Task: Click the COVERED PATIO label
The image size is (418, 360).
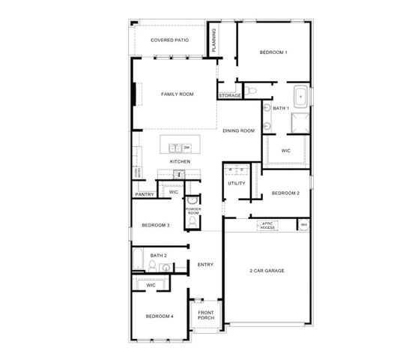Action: pyautogui.click(x=169, y=40)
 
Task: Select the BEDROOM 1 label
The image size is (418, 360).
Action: pyautogui.click(x=273, y=52)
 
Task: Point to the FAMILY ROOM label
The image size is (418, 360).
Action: pyautogui.click(x=178, y=94)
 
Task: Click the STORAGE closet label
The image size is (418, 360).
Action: pyautogui.click(x=229, y=95)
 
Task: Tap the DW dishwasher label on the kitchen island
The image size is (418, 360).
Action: pyautogui.click(x=187, y=148)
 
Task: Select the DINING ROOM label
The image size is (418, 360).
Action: pyautogui.click(x=238, y=130)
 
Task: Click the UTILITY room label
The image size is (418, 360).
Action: pyautogui.click(x=237, y=182)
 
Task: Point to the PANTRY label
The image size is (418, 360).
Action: pyautogui.click(x=145, y=195)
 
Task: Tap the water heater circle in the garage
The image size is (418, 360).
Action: pyautogui.click(x=303, y=225)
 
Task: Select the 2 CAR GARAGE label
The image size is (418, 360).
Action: pyautogui.click(x=267, y=270)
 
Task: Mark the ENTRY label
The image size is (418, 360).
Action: pyautogui.click(x=205, y=264)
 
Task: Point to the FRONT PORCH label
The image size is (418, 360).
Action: pyautogui.click(x=205, y=315)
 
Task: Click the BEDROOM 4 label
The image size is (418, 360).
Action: pyautogui.click(x=160, y=316)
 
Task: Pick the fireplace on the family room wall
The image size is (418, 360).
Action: pyautogui.click(x=136, y=94)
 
